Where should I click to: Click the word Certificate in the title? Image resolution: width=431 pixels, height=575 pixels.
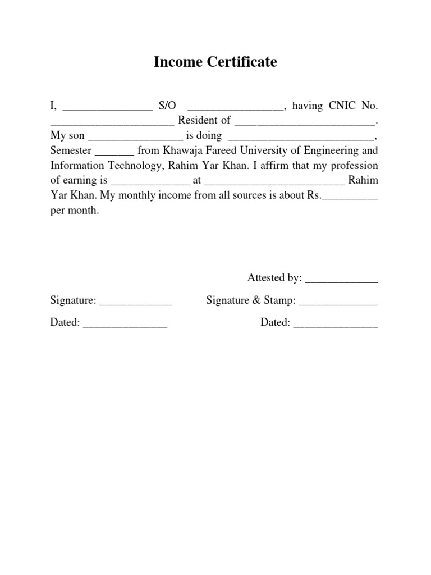click(242, 62)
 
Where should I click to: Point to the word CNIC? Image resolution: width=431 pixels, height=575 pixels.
click(338, 106)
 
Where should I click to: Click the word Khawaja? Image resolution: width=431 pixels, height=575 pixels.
click(181, 151)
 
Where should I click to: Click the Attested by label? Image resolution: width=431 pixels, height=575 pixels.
click(274, 278)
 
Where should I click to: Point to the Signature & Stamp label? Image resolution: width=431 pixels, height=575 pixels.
click(251, 301)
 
